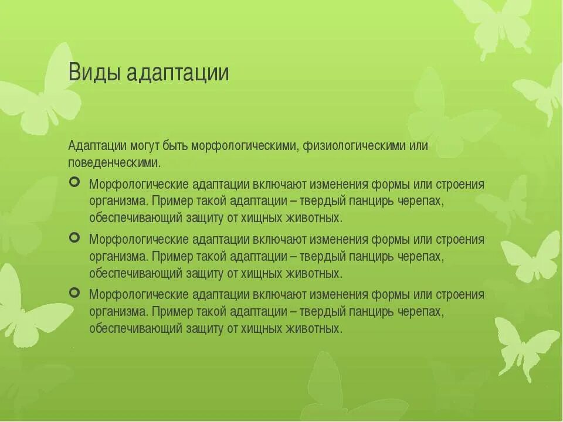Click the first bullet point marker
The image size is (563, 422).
74,183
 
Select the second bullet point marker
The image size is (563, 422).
74,237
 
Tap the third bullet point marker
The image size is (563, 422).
74,292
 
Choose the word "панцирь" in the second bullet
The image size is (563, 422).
372,256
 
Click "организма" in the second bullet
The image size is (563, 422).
118,256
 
